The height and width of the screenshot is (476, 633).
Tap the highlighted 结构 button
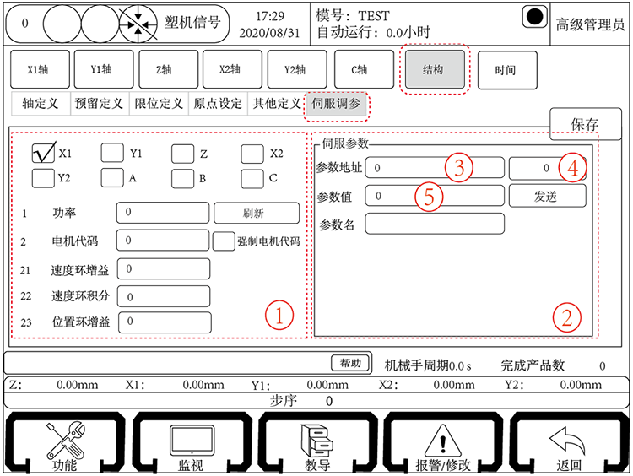click(x=433, y=70)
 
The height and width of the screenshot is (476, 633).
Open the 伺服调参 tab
click(x=335, y=104)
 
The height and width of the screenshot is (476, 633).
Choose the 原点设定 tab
click(x=218, y=104)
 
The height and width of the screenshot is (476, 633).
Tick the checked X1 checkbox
click(x=43, y=154)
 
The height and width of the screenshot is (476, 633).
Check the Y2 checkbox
click(x=43, y=178)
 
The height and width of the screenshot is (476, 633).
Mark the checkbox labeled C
click(x=252, y=178)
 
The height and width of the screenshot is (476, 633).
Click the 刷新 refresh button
click(x=256, y=214)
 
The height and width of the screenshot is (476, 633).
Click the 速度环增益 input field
click(x=163, y=269)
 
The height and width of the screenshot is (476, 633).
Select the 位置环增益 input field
click(x=163, y=322)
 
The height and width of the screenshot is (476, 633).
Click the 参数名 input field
click(x=435, y=224)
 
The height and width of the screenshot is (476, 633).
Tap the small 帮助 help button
click(x=350, y=363)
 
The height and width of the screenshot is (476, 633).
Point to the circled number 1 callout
click(x=279, y=316)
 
